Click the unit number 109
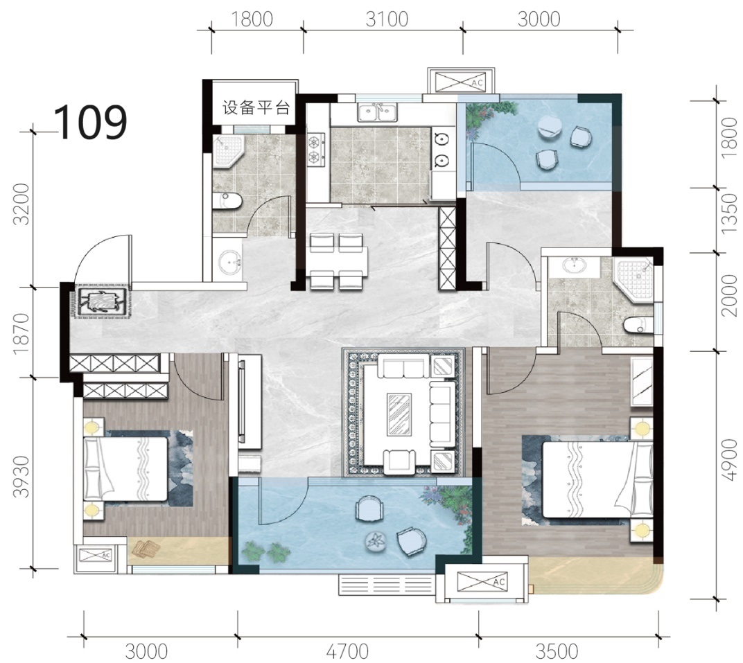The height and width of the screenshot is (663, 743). (x=91, y=122)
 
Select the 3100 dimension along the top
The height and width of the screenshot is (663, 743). (x=387, y=19)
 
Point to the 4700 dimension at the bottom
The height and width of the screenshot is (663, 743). (x=347, y=652)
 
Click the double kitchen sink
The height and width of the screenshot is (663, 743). (x=377, y=113)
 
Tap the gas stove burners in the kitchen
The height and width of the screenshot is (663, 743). (x=316, y=149)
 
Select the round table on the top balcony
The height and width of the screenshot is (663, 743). (x=548, y=127)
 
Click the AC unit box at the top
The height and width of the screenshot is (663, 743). (x=461, y=82)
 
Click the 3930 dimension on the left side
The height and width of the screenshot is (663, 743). (x=21, y=477)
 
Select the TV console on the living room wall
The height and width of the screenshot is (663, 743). (x=249, y=402)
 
